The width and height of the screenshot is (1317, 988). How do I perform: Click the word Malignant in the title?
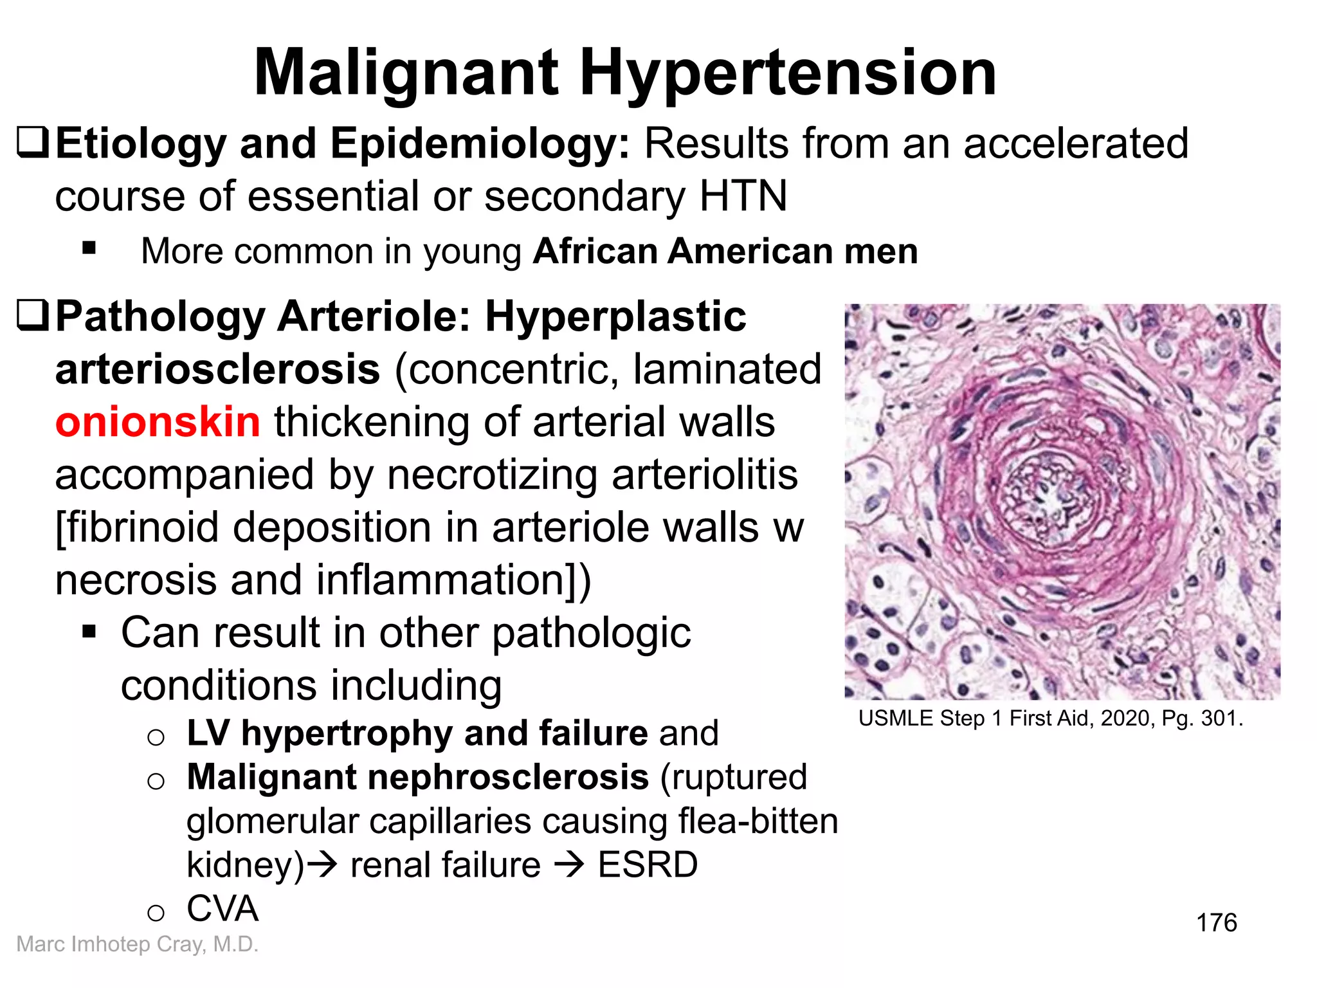pyautogui.click(x=406, y=74)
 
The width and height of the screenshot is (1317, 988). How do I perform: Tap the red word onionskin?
pyautogui.click(x=158, y=423)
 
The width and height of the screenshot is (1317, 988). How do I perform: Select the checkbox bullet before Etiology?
pyautogui.click(x=32, y=143)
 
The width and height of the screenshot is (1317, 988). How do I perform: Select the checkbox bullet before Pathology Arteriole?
pyautogui.click(x=32, y=316)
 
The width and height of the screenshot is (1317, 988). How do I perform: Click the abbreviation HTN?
pyautogui.click(x=743, y=196)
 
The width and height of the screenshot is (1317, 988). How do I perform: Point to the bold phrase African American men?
pyautogui.click(x=725, y=251)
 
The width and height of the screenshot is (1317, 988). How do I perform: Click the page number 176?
pyautogui.click(x=1216, y=922)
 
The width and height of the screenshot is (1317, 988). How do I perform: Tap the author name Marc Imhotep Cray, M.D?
pyautogui.click(x=137, y=944)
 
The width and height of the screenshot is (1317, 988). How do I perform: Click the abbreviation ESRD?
pyautogui.click(x=648, y=864)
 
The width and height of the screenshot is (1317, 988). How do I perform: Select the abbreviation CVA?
pyautogui.click(x=223, y=909)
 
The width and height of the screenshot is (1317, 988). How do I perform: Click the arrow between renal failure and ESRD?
pyautogui.click(x=568, y=865)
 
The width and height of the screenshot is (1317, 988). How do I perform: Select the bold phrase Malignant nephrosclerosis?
pyautogui.click(x=417, y=777)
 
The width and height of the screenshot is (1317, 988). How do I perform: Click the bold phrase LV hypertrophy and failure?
pyautogui.click(x=417, y=733)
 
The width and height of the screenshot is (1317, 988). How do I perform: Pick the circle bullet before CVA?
pyautogui.click(x=156, y=913)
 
